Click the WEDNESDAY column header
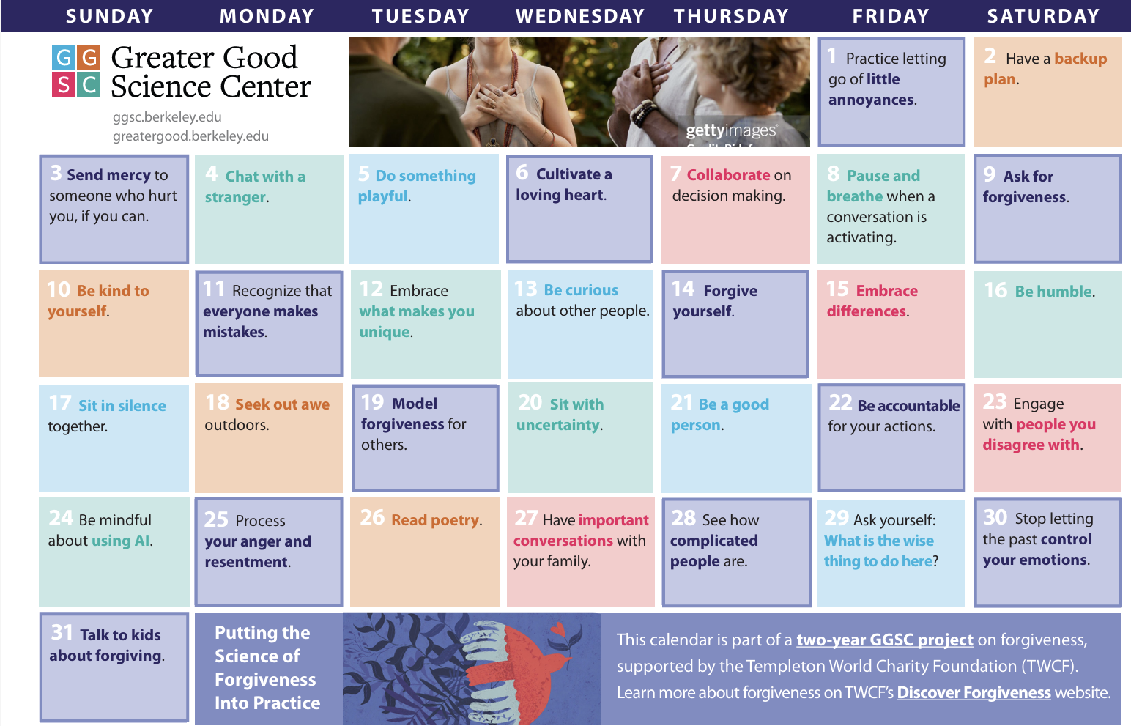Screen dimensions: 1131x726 pyautogui.click(x=579, y=16)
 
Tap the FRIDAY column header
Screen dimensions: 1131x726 pyautogui.click(x=891, y=16)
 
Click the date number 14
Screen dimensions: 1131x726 pyautogui.click(x=683, y=289)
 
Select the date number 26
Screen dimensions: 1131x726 pyautogui.click(x=372, y=517)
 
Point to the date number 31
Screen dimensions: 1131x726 pyautogui.click(x=62, y=632)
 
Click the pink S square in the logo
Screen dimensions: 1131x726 pyautogui.click(x=64, y=85)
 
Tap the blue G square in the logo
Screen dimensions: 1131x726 pyautogui.click(x=64, y=58)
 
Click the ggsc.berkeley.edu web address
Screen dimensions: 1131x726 pyautogui.click(x=167, y=117)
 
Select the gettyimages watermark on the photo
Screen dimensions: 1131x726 pyautogui.click(x=731, y=130)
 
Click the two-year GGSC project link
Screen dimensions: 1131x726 pyautogui.click(x=885, y=640)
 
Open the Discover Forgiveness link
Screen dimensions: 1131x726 pyautogui.click(x=974, y=692)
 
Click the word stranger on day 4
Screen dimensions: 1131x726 pyautogui.click(x=235, y=197)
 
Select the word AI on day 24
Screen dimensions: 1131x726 pyautogui.click(x=142, y=541)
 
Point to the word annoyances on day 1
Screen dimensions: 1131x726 pyautogui.click(x=871, y=100)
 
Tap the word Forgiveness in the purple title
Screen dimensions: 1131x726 pyautogui.click(x=265, y=680)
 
